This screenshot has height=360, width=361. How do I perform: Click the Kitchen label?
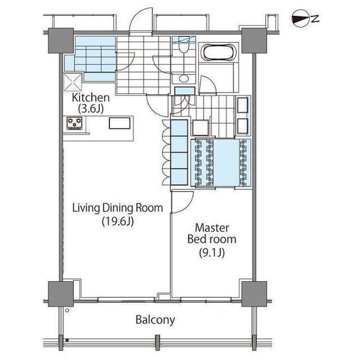point(91,98)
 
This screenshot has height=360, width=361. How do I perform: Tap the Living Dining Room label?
point(118,208)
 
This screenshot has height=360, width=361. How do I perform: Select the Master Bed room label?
point(212,234)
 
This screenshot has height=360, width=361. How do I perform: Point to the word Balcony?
point(155,320)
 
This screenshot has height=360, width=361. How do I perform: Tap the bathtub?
point(218,53)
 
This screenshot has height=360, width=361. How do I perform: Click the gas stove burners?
point(74,123)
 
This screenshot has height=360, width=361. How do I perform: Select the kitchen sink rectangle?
point(120,123)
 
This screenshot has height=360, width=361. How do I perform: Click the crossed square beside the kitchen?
point(73,82)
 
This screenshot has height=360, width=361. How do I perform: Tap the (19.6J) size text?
point(118,221)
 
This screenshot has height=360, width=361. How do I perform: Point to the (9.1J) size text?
point(212,253)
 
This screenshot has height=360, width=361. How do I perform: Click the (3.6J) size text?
point(91,109)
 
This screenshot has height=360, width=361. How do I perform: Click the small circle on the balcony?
point(67,310)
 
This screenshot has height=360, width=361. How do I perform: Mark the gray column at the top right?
point(254,41)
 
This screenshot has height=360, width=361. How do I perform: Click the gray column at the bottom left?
point(61,294)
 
